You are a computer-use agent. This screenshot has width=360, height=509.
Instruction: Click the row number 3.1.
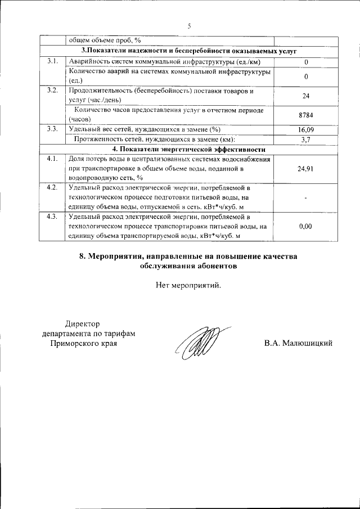click(x=52, y=61)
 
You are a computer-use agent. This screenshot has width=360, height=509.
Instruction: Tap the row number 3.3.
click(x=52, y=129)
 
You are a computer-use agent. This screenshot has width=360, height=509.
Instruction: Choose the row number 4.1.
click(x=52, y=159)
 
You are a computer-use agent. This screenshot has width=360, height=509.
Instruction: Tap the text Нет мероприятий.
click(x=188, y=285)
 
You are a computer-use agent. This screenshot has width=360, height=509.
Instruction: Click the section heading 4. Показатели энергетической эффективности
click(x=188, y=149)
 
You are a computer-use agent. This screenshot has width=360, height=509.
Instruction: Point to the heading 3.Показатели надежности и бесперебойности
click(x=188, y=51)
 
